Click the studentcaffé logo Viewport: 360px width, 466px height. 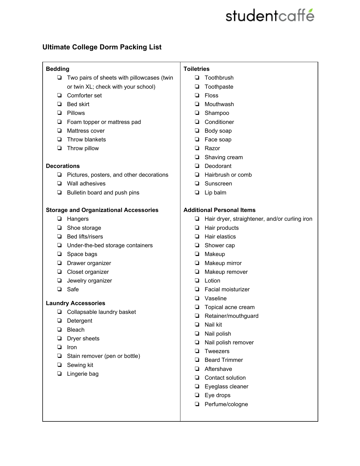270,16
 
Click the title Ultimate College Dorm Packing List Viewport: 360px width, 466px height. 102,47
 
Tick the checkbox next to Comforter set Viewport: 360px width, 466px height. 59,95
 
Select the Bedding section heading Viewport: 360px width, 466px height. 58,69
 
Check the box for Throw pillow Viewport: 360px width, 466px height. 59,148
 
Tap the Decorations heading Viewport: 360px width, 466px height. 63,166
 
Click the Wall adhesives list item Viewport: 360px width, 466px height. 86,184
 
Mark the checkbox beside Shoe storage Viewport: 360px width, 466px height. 59,227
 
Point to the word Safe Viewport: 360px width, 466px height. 73,289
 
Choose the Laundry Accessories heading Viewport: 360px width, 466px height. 75,303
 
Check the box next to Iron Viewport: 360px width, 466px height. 59,347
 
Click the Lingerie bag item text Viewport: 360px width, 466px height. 83,374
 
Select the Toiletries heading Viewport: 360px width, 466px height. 197,69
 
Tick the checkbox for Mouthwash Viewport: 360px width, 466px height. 197,104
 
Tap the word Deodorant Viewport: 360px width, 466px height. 218,166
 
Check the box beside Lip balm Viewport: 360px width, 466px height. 197,192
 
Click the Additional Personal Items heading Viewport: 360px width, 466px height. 219,210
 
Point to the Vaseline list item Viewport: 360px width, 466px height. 215,298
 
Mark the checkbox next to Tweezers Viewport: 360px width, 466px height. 197,351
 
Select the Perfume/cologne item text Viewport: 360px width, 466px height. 226,404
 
